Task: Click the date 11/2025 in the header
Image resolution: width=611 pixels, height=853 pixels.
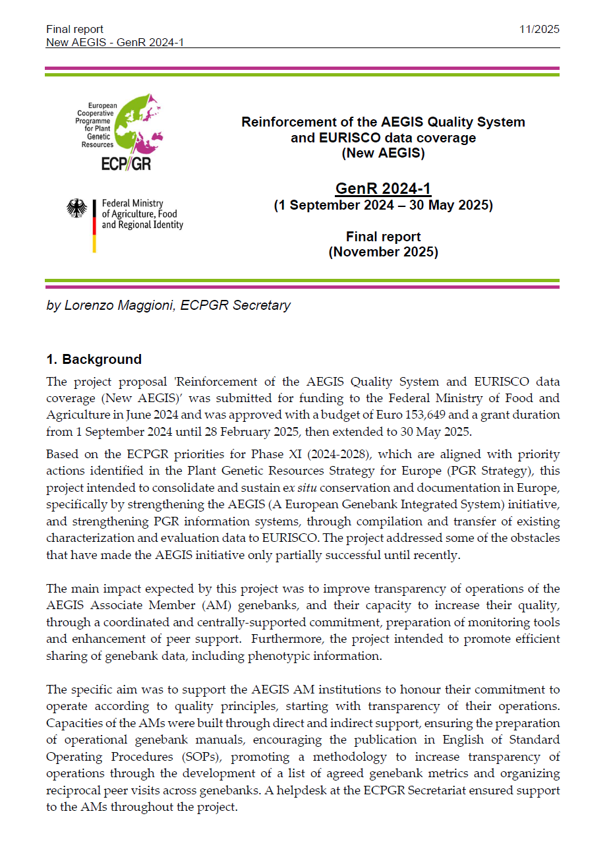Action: coord(538,29)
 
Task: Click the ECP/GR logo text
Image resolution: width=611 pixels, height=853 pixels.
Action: coord(126,163)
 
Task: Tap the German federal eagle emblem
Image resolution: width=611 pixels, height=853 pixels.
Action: coord(77,208)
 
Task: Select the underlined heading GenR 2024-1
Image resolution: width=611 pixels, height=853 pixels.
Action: coord(383,189)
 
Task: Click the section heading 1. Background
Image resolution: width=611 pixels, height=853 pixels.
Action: coord(94,359)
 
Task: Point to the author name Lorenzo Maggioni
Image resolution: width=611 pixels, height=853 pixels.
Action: coord(119,305)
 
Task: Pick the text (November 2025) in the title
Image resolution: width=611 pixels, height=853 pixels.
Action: coord(383,252)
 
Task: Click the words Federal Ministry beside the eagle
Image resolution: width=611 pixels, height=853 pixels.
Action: coord(132,204)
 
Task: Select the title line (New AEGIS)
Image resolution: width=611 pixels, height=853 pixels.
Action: coord(383,153)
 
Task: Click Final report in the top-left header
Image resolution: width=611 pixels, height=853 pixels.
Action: coord(74,29)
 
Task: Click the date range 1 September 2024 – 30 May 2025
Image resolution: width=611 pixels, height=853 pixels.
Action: coord(383,205)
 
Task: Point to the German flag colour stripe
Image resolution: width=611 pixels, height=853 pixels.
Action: coord(94,226)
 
